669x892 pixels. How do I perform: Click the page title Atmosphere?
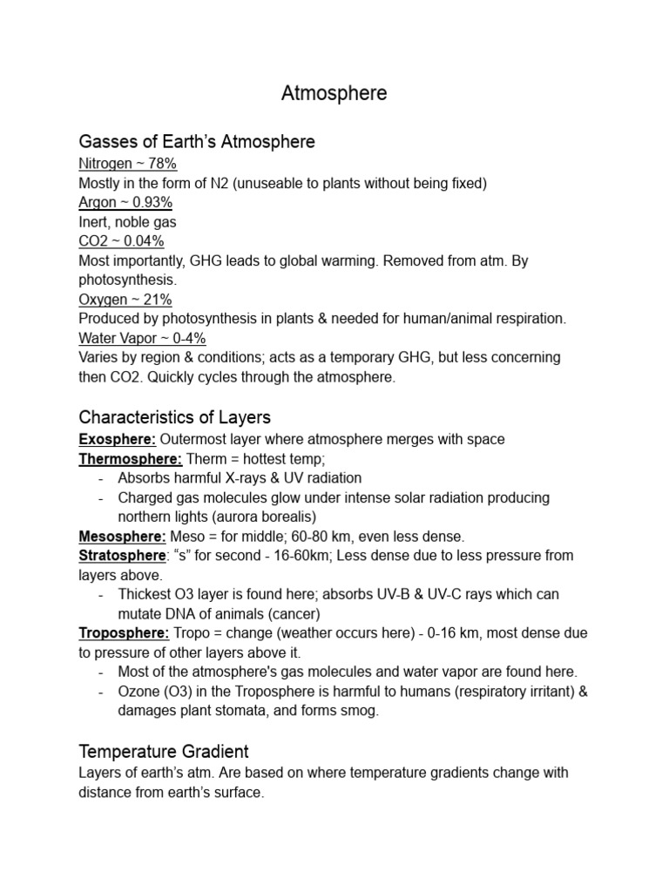pyautogui.click(x=334, y=94)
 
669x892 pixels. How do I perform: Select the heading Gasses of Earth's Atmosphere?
pyautogui.click(x=197, y=141)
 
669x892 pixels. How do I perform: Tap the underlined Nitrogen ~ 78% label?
pyautogui.click(x=128, y=164)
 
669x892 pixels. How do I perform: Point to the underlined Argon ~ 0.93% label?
pyautogui.click(x=125, y=202)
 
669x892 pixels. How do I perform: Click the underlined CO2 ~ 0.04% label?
pyautogui.click(x=121, y=241)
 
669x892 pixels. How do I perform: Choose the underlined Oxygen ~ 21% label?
pyautogui.click(x=125, y=300)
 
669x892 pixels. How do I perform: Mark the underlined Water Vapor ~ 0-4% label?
pyautogui.click(x=142, y=338)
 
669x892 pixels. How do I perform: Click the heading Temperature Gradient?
pyautogui.click(x=164, y=750)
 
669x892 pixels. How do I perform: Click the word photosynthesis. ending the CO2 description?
pyautogui.click(x=127, y=280)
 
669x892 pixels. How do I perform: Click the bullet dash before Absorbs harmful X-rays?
pyautogui.click(x=101, y=478)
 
